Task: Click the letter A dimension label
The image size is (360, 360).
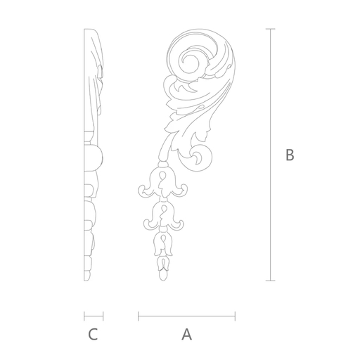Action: [186, 335]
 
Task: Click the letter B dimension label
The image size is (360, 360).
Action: [290, 155]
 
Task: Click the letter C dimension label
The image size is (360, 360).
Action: [93, 335]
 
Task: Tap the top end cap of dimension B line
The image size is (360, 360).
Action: [271, 29]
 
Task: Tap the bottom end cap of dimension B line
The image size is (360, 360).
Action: [271, 281]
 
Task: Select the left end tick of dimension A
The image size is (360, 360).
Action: [139, 316]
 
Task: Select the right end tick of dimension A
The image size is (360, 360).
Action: [235, 316]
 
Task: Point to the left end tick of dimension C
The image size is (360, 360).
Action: [84, 316]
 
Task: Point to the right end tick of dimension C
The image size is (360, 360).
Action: [103, 316]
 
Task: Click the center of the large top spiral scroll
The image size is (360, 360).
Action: [190, 61]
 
